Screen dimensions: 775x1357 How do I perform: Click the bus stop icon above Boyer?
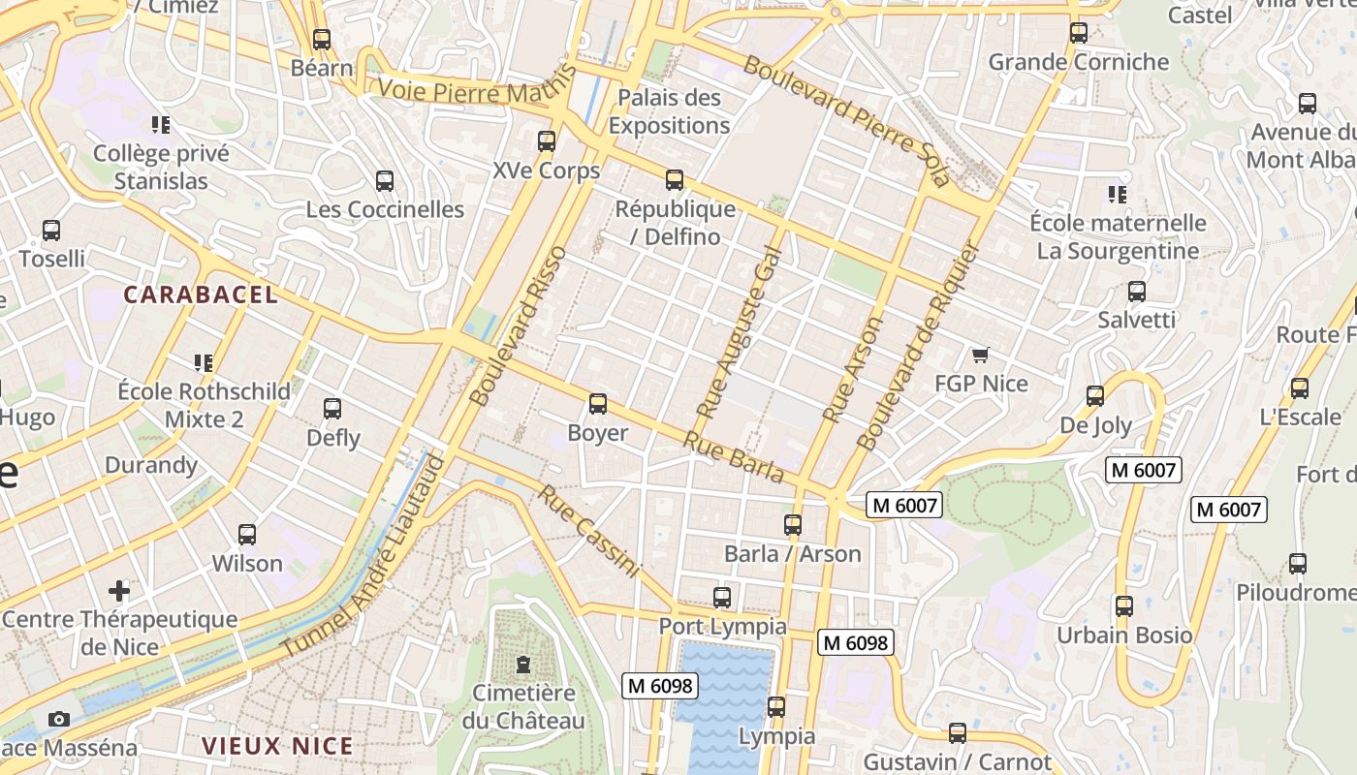click(598, 404)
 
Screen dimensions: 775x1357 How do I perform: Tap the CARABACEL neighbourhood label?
click(201, 294)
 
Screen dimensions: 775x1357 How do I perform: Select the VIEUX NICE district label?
click(277, 746)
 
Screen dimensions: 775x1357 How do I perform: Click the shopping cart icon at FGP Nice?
click(981, 356)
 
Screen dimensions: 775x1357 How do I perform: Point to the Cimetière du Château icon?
click(523, 665)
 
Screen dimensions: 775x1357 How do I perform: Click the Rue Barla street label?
click(734, 456)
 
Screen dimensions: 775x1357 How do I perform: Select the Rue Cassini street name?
click(589, 532)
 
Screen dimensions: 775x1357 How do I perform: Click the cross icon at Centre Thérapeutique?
click(119, 590)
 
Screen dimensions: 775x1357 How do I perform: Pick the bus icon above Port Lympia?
click(722, 598)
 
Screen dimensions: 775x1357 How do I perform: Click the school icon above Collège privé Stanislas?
click(161, 125)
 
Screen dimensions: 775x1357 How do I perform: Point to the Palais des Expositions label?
click(669, 111)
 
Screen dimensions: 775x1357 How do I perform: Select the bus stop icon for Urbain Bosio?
click(1123, 606)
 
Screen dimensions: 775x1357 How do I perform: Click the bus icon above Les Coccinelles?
click(385, 181)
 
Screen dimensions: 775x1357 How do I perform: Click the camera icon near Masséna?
click(59, 720)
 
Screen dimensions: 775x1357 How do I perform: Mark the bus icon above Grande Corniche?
click(1079, 33)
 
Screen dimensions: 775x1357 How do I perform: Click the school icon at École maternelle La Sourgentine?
click(1117, 195)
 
